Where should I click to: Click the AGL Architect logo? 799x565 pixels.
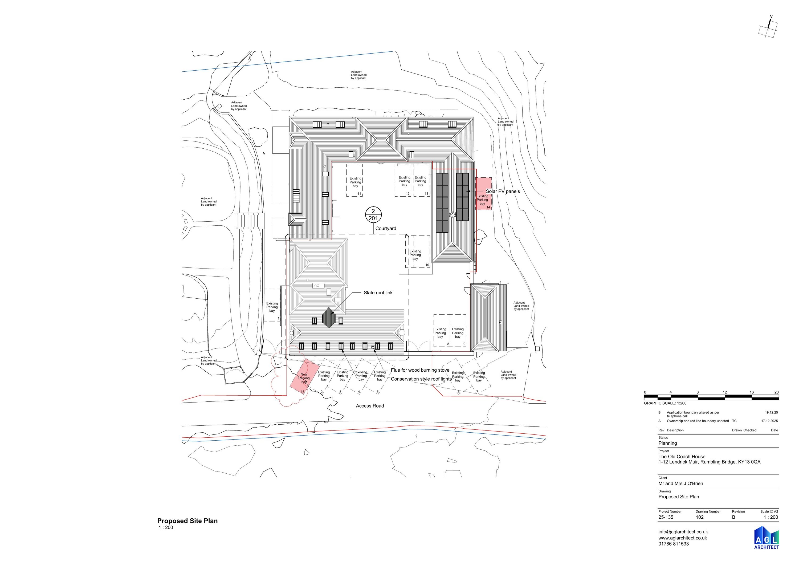pyautogui.click(x=767, y=538)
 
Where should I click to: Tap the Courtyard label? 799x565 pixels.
pyautogui.click(x=386, y=228)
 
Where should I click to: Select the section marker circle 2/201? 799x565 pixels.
pyautogui.click(x=373, y=215)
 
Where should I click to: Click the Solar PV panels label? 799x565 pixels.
pyautogui.click(x=503, y=191)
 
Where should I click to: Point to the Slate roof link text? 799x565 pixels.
pyautogui.click(x=378, y=292)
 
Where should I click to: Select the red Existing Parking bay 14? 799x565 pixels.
pyautogui.click(x=484, y=194)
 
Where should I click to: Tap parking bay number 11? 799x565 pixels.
pyautogui.click(x=359, y=194)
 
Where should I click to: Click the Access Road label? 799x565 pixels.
pyautogui.click(x=370, y=405)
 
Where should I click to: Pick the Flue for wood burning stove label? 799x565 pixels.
pyautogui.click(x=420, y=370)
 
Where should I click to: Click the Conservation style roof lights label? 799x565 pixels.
pyautogui.click(x=421, y=379)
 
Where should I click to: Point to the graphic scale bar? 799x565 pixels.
pyautogui.click(x=711, y=397)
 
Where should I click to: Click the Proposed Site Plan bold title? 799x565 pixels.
pyautogui.click(x=187, y=521)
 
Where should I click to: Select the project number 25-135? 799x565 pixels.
pyautogui.click(x=666, y=517)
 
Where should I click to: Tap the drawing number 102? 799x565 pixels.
pyautogui.click(x=699, y=517)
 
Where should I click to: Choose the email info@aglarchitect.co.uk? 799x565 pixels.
pyautogui.click(x=683, y=532)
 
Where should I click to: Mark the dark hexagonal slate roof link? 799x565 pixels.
pyautogui.click(x=328, y=318)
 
